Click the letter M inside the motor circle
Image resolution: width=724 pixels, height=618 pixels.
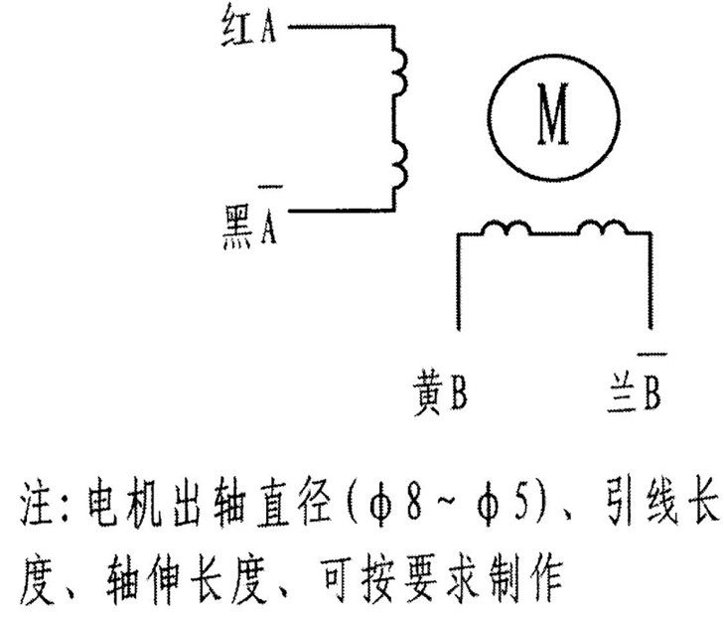click(553, 114)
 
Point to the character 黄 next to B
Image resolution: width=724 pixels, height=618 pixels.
click(428, 392)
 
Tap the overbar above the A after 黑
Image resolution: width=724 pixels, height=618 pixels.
click(270, 187)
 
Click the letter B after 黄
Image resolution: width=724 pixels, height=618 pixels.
click(458, 392)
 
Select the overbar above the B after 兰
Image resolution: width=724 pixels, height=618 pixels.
click(652, 355)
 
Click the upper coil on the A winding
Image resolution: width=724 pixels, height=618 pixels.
click(401, 72)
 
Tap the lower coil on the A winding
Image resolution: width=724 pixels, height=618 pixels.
click(401, 164)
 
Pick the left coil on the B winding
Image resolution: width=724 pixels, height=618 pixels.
click(507, 228)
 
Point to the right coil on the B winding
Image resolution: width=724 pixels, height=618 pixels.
click(603, 228)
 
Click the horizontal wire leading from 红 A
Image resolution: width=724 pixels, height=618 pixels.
click(341, 27)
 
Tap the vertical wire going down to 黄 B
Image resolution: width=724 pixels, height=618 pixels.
click(459, 282)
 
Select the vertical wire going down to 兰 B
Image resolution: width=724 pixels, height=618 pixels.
click(651, 281)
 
